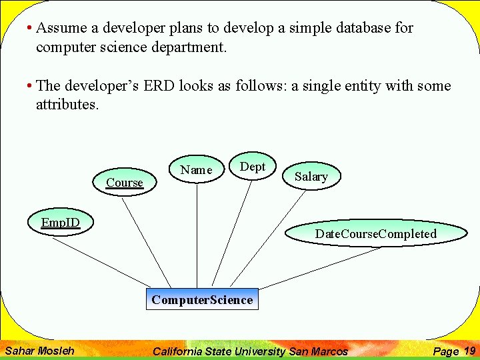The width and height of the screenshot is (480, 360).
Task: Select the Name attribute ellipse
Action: coord(196,170)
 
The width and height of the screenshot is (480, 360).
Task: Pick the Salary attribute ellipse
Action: coord(311,177)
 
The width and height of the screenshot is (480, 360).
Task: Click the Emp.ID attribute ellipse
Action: coord(60,222)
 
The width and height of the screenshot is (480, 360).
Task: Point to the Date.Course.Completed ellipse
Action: coord(375,233)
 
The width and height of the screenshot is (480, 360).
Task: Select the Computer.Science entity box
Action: coord(202,299)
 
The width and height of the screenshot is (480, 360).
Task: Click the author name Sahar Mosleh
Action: coord(39,351)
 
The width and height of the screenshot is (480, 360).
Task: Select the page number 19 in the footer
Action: coord(469,351)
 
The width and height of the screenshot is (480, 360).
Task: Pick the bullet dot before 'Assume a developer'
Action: coord(29,29)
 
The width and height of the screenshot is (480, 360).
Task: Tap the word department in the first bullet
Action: coord(187,47)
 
